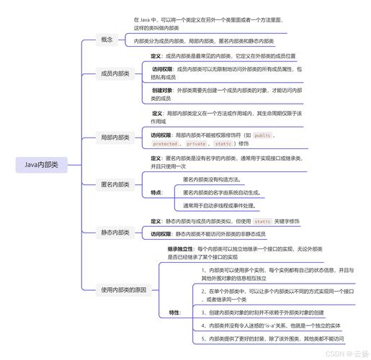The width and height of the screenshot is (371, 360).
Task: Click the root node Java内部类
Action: point(41,165)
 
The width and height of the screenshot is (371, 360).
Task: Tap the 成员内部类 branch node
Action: point(115,73)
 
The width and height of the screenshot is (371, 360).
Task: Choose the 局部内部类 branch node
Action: point(115,136)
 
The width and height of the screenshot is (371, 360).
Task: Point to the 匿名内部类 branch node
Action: point(115,184)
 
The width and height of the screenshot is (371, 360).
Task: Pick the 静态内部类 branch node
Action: point(115,232)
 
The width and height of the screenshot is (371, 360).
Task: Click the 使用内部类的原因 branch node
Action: point(124,290)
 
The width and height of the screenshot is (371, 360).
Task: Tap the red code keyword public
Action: point(263,135)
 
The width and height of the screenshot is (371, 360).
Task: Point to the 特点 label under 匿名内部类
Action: point(156,192)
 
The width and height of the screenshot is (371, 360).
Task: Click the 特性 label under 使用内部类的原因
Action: point(174,312)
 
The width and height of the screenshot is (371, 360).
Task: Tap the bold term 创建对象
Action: point(161,90)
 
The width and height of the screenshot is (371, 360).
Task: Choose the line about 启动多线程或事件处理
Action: point(219,205)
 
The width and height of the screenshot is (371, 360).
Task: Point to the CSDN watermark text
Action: point(341,354)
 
